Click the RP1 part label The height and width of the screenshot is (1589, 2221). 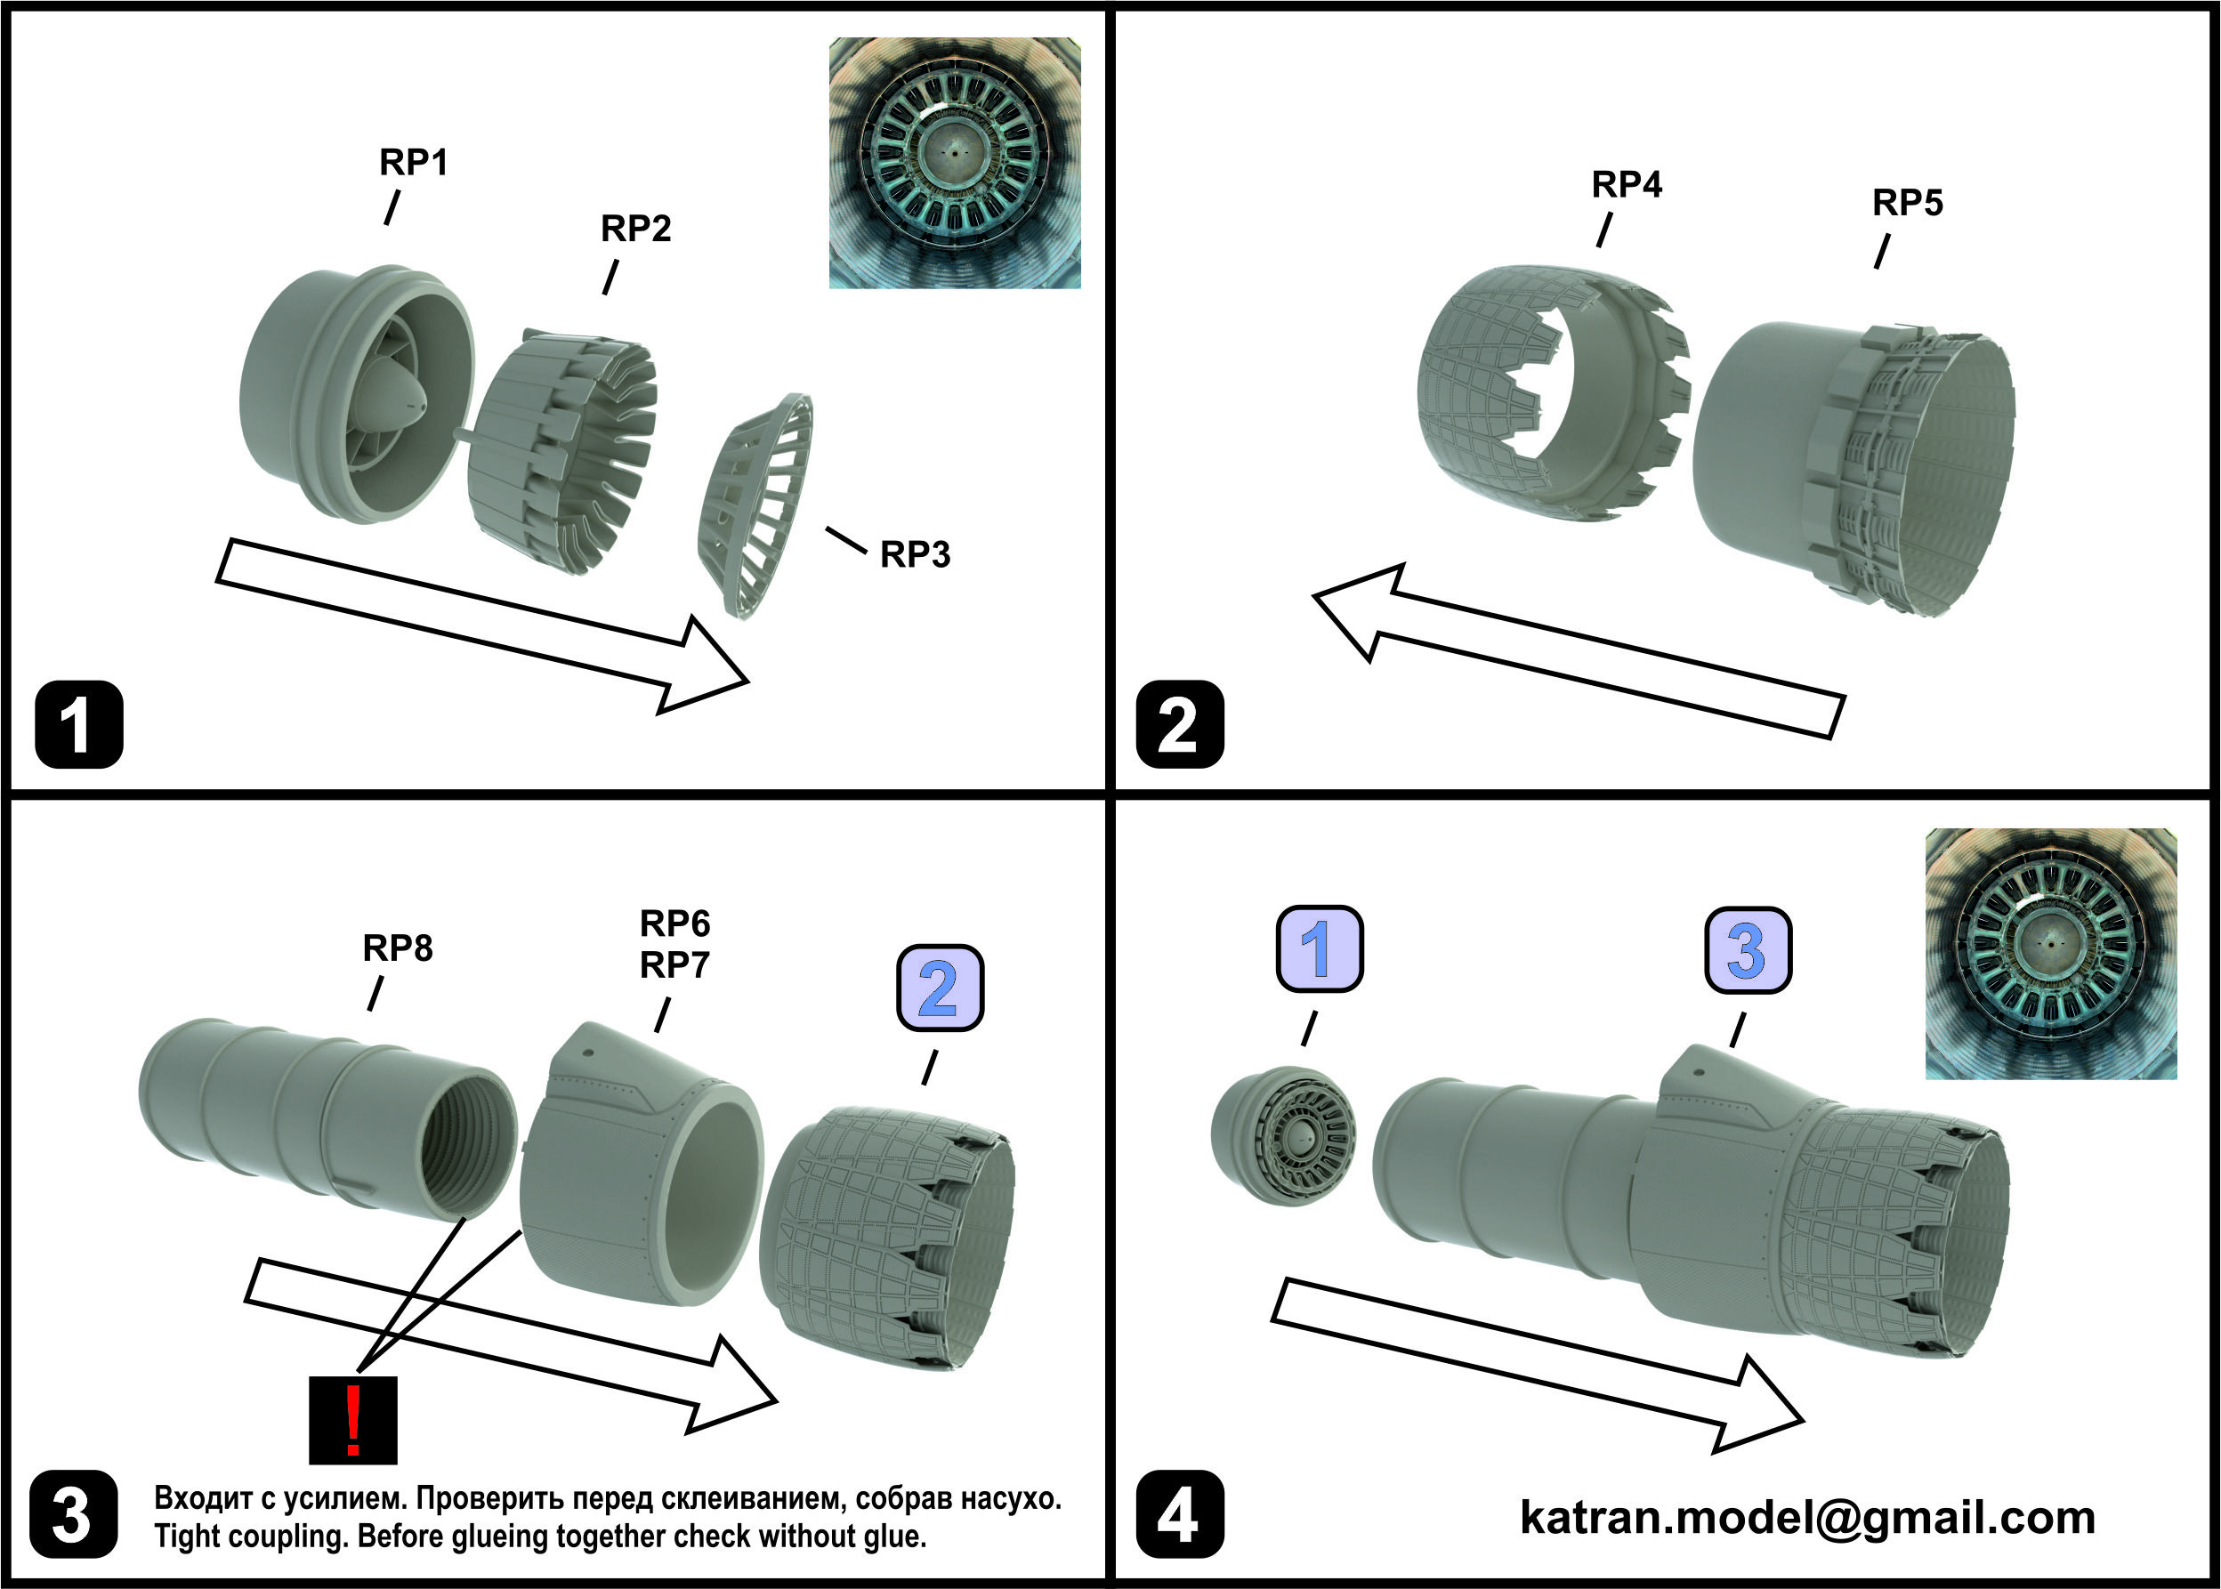click(413, 163)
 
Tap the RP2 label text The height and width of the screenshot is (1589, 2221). click(635, 229)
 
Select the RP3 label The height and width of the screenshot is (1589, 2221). click(915, 555)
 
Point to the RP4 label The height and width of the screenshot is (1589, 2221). click(1626, 184)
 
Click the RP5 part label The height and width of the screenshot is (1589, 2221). click(1907, 204)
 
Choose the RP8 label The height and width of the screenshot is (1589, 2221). click(397, 948)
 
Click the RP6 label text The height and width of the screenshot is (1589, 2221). click(674, 923)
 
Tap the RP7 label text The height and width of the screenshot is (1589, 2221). click(674, 965)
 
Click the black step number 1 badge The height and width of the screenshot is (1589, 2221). click(78, 724)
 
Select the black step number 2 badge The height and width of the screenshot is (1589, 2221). click(1179, 724)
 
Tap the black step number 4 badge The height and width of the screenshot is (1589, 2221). click(1179, 1513)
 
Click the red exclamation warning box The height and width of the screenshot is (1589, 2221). click(352, 1420)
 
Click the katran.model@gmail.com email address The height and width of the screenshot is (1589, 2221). click(1807, 1517)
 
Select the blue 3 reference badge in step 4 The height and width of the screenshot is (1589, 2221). click(1748, 950)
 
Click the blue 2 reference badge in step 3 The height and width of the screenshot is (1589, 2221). click(941, 988)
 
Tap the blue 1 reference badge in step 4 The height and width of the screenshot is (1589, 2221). click(1319, 948)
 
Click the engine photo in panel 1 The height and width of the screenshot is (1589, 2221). click(954, 164)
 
